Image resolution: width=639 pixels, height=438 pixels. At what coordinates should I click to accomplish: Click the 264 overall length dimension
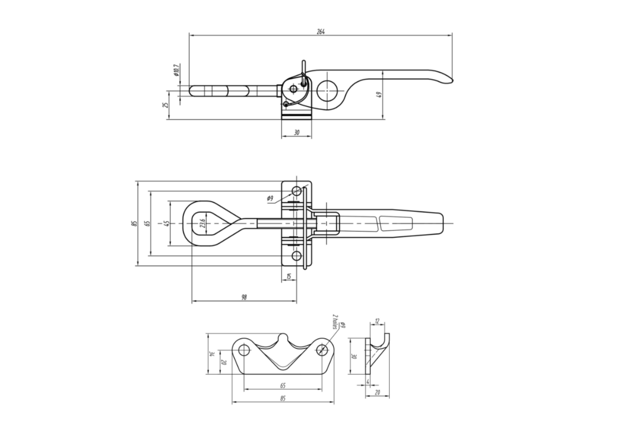click(321, 32)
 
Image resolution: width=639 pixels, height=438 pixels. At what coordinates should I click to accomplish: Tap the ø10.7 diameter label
click(176, 70)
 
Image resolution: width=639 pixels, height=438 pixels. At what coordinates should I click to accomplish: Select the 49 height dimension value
click(379, 95)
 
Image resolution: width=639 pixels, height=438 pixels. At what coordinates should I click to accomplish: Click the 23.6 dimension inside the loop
click(202, 223)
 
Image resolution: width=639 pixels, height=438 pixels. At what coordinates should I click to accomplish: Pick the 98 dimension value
click(244, 297)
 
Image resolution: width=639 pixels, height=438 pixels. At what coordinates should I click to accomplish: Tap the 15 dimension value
click(289, 276)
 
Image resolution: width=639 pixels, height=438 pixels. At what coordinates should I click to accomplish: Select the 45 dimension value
click(167, 223)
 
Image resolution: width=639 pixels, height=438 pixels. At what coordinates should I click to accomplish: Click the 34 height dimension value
click(212, 354)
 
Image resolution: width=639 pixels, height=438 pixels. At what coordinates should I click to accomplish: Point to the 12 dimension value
click(377, 321)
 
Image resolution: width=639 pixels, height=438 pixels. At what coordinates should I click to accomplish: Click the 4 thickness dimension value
click(368, 381)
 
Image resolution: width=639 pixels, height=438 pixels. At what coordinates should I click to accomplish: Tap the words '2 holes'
click(335, 322)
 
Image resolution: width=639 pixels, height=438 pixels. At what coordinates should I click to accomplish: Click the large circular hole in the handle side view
click(327, 91)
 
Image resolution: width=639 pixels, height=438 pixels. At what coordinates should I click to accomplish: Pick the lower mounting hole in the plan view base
click(297, 256)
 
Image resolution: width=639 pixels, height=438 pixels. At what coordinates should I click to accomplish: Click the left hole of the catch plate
click(244, 350)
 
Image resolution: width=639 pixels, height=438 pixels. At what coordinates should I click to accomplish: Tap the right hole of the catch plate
click(322, 350)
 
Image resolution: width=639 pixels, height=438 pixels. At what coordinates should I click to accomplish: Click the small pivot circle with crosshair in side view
click(293, 89)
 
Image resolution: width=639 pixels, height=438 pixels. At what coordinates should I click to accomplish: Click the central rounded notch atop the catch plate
click(283, 338)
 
